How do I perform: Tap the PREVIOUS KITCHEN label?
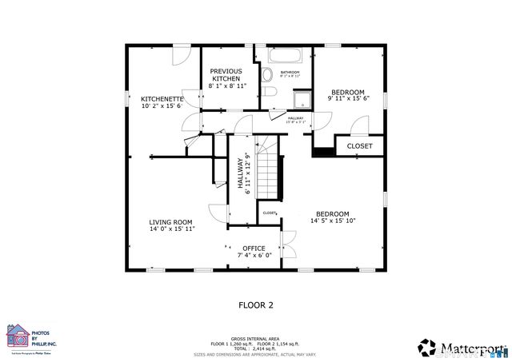click(x=226, y=71)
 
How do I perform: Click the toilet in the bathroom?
click(x=267, y=75)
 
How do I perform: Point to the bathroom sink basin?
click(x=270, y=95)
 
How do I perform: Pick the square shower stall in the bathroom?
click(x=302, y=101)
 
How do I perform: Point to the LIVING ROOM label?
click(x=171, y=222)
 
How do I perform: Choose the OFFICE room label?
click(x=254, y=249)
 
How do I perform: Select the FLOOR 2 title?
click(x=256, y=304)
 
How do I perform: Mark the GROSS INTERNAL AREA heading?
click(x=256, y=338)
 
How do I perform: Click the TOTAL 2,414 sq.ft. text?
click(x=256, y=349)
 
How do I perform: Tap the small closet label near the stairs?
click(x=270, y=213)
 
